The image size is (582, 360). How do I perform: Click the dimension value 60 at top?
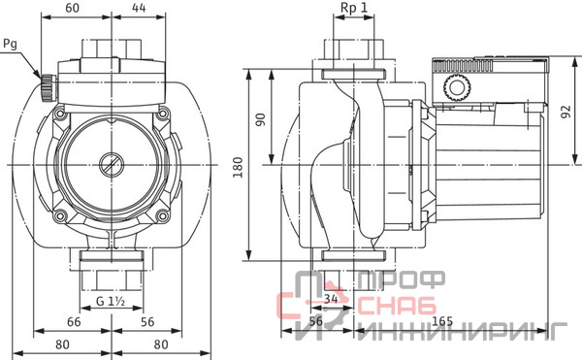72,8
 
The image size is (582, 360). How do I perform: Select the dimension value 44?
139,8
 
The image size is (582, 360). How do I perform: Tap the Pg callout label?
11,45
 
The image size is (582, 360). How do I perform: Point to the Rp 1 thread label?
354,8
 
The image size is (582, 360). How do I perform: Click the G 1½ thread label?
111,301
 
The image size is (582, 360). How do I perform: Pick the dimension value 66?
74,322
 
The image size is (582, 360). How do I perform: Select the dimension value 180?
238,167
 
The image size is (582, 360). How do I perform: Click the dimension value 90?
261,119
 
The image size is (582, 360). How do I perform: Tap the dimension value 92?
566,113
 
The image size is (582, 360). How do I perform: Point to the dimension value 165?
442,321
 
